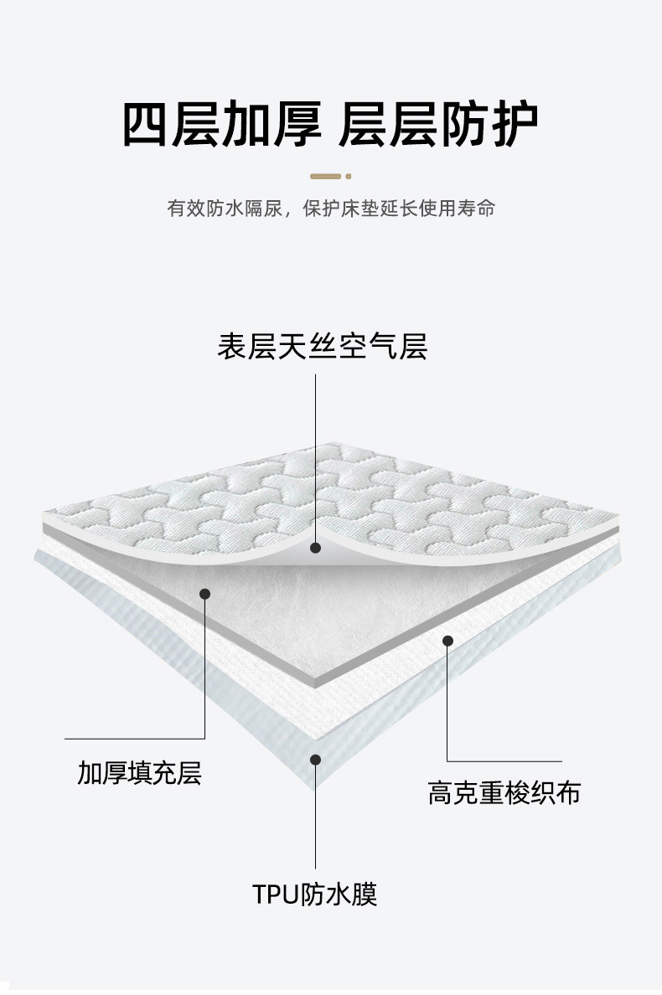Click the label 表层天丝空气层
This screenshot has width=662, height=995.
pos(323,346)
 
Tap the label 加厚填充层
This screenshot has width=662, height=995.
pos(140,772)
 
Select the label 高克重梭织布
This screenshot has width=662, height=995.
pos(504,792)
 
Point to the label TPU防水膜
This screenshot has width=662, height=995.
pos(315,894)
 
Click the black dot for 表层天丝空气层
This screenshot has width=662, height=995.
pos(316,548)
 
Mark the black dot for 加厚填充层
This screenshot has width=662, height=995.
pos(204,594)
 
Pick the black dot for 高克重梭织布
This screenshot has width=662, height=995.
pos(447,641)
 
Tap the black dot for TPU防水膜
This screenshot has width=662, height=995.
pos(315,760)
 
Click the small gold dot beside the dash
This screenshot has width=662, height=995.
pos(349,176)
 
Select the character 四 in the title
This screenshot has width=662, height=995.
pos(147,125)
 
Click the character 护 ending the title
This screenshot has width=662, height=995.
pos(512,125)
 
